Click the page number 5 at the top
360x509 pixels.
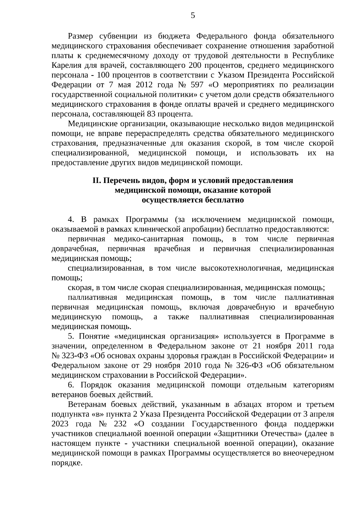coord(193,16)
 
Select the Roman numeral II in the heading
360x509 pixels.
coord(96,181)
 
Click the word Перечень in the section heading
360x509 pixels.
coord(118,181)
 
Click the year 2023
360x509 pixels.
coord(60,424)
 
